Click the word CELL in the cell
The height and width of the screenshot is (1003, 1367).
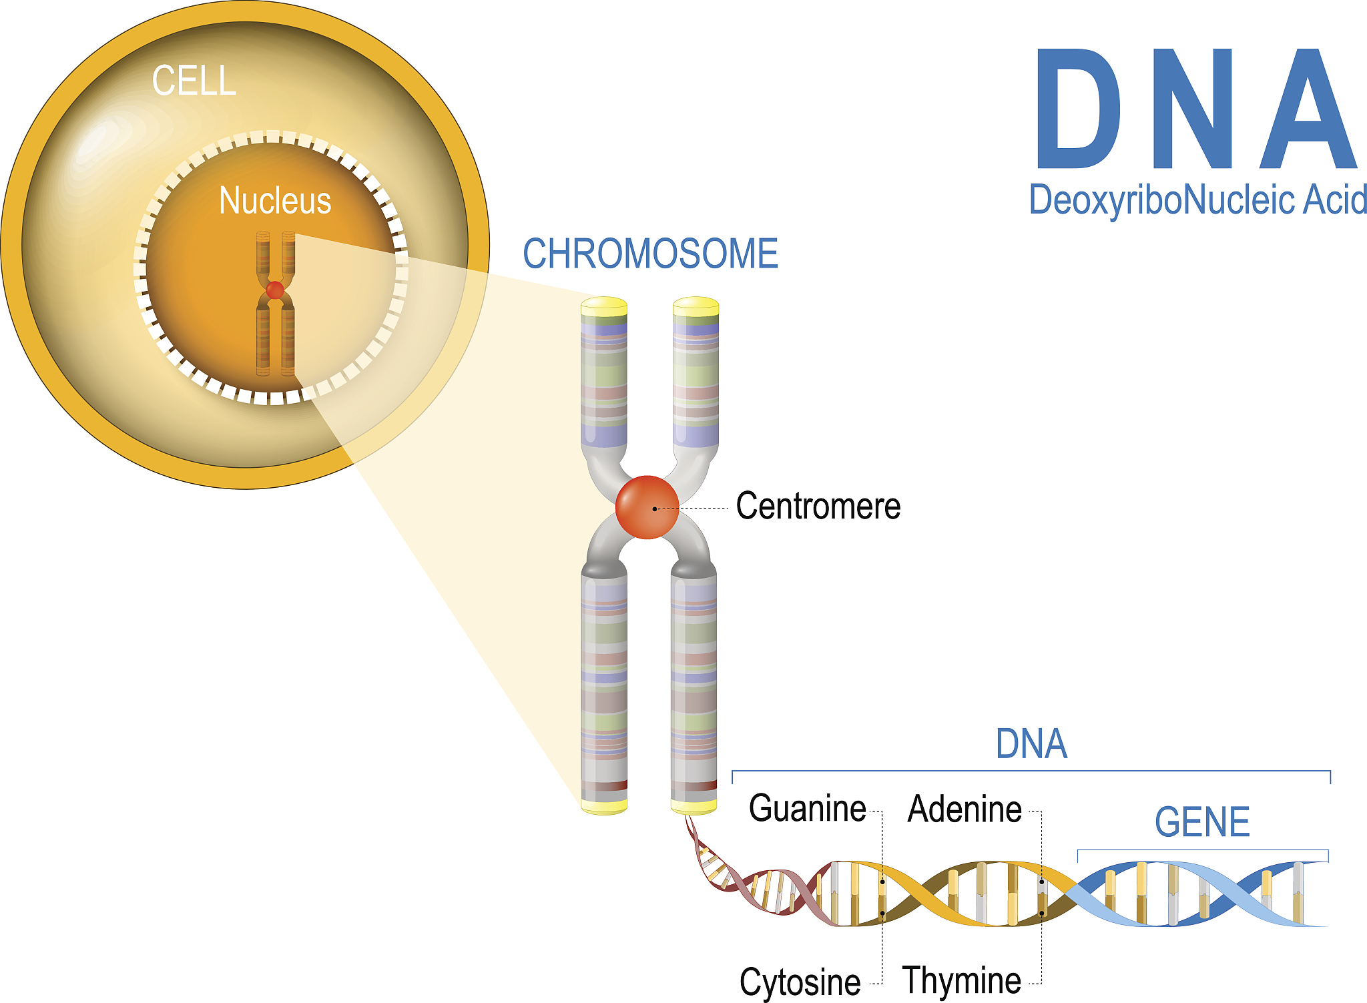click(x=194, y=81)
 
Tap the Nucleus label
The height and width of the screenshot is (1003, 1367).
click(x=275, y=201)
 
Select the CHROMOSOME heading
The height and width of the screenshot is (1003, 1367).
click(x=650, y=254)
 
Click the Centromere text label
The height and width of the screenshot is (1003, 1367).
click(x=818, y=506)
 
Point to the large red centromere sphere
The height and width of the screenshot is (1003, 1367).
click(x=647, y=507)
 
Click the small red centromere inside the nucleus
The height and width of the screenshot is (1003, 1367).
click(x=275, y=290)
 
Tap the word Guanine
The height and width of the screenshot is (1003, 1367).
click(x=807, y=808)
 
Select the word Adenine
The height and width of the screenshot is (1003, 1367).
click(x=965, y=809)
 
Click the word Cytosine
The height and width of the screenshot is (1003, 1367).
click(x=800, y=982)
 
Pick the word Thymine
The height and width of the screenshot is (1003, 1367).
click(x=961, y=980)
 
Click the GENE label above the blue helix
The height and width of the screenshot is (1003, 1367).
click(x=1202, y=822)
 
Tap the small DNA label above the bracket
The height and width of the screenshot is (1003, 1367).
click(x=1031, y=744)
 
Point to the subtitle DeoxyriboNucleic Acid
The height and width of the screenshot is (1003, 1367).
click(x=1197, y=200)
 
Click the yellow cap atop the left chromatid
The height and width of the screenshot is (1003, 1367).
click(x=604, y=307)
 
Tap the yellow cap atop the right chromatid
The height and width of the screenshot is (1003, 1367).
click(x=696, y=307)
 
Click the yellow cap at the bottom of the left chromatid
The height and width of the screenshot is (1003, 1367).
click(x=604, y=806)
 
